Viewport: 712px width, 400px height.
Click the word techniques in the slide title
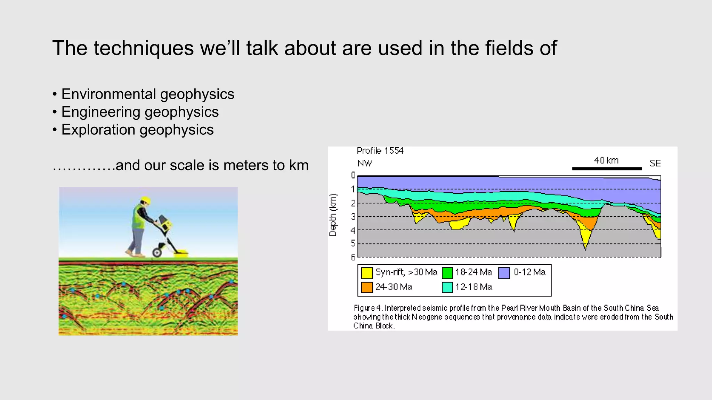point(143,48)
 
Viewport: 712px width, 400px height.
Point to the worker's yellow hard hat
point(145,200)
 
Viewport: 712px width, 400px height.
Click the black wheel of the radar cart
point(157,252)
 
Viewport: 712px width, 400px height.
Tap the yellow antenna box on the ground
point(181,252)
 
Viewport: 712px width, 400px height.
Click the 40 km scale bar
point(607,169)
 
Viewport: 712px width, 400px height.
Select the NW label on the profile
point(365,163)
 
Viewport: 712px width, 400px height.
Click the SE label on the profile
point(655,163)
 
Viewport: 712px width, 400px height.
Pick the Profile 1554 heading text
point(380,151)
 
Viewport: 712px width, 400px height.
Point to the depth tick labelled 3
point(353,217)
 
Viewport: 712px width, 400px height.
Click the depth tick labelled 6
point(353,257)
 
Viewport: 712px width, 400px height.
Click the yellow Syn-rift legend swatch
point(367,273)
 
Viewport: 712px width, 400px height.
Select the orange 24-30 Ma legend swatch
point(367,287)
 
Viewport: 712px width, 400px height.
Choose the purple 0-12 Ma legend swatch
point(504,273)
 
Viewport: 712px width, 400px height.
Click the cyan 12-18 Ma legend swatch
point(447,287)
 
